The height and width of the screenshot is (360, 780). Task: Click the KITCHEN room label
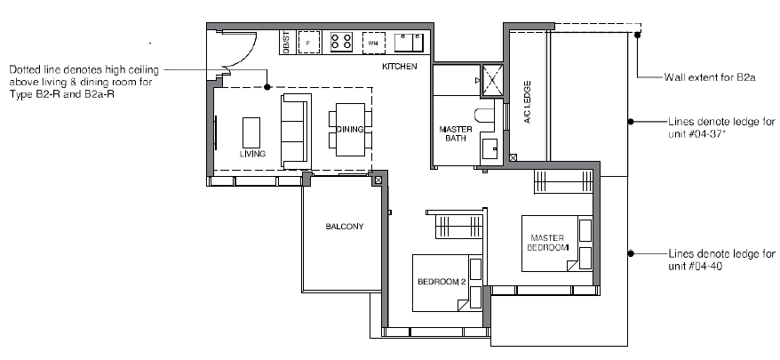(400, 67)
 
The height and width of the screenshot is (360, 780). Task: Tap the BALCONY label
(344, 227)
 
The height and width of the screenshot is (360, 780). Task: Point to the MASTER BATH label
(456, 134)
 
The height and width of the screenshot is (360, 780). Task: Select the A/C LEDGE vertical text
(528, 102)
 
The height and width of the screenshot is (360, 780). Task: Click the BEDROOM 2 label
(442, 282)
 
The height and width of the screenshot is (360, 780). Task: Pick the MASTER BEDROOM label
(548, 243)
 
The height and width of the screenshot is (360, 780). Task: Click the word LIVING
(252, 154)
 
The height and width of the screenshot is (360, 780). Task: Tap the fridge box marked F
(308, 43)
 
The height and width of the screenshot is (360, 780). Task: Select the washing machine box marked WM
(374, 44)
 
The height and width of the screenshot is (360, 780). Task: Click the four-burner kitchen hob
(341, 41)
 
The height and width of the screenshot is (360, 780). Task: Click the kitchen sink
(409, 43)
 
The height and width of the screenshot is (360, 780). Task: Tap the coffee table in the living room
(251, 132)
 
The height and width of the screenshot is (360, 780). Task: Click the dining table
(350, 130)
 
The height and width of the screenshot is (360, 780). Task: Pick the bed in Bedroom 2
(447, 283)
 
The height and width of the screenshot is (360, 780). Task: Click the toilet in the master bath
(484, 116)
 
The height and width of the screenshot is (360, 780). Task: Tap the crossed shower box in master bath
(493, 80)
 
